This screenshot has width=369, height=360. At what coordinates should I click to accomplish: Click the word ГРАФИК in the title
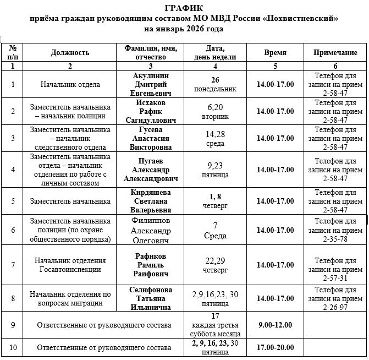(x=183, y=8)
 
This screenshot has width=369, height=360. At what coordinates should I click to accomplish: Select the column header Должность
(x=70, y=53)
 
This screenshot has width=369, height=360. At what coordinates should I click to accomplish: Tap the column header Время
(x=275, y=53)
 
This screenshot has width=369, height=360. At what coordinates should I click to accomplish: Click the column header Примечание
(x=335, y=53)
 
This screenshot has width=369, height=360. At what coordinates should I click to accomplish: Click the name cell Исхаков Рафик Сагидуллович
(x=150, y=111)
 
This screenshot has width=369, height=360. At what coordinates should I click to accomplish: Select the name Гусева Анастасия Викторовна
(x=150, y=138)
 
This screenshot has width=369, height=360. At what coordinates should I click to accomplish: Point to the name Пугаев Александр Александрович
(x=150, y=170)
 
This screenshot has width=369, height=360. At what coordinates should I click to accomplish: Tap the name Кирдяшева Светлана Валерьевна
(x=150, y=201)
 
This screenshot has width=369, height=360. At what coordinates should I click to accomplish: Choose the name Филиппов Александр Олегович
(x=150, y=230)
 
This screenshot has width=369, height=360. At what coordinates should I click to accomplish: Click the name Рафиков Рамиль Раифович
(x=150, y=265)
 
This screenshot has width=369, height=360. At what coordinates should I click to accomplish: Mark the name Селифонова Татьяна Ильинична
(x=150, y=298)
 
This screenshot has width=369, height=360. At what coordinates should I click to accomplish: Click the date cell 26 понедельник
(x=215, y=84)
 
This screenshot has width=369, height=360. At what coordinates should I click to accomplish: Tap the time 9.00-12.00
(x=275, y=325)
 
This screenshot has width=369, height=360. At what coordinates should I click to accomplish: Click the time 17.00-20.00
(x=275, y=347)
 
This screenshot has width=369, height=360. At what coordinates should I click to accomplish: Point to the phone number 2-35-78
(x=335, y=239)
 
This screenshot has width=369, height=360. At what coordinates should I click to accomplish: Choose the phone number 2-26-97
(x=335, y=307)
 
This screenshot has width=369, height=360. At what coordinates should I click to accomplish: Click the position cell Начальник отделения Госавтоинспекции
(x=70, y=265)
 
